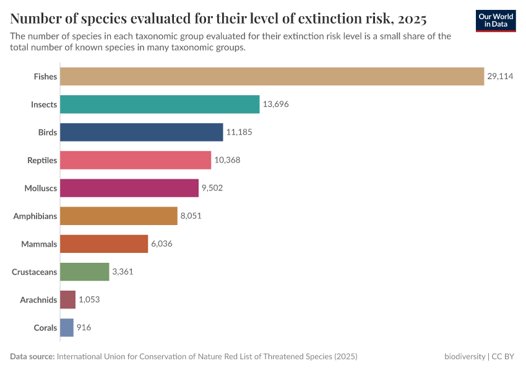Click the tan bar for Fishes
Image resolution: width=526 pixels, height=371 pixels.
(272, 77)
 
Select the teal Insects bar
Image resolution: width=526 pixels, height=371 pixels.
(160, 104)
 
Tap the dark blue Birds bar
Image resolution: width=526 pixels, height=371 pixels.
(141, 132)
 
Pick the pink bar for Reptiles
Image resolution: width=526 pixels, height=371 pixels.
(136, 160)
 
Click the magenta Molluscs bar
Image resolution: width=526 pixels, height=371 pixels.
(129, 188)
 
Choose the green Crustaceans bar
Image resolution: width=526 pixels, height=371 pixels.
(85, 272)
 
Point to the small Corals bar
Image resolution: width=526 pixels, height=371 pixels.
(67, 328)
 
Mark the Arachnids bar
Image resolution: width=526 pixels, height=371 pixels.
(68, 300)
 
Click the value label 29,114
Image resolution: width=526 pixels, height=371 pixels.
(500, 77)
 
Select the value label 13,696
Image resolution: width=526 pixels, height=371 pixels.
(275, 104)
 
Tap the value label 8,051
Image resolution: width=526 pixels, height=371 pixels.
(191, 216)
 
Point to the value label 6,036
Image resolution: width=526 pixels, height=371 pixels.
(161, 244)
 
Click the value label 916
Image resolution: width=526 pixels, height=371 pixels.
(84, 328)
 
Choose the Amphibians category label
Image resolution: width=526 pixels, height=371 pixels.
(35, 216)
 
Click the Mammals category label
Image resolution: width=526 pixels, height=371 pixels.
(39, 244)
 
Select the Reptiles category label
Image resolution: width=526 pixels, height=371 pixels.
(42, 160)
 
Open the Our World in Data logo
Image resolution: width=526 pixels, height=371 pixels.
(496, 20)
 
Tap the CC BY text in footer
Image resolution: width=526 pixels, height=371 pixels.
(504, 357)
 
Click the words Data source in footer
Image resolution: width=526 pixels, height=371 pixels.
(32, 357)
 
